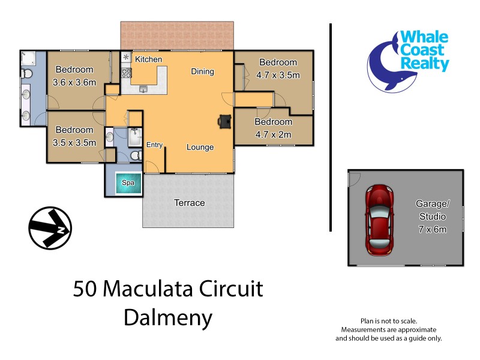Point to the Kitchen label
(148, 59)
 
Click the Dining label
(202, 71)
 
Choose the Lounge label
(200, 147)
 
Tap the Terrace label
(189, 203)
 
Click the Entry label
(155, 145)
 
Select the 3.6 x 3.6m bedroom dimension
(74, 82)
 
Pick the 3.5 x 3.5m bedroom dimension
(74, 142)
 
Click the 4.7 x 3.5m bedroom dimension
(278, 75)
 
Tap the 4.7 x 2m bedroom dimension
(273, 134)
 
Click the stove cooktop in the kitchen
(127, 74)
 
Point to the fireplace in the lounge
(226, 121)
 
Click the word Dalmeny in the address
(168, 317)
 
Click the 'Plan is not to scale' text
(388, 322)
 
